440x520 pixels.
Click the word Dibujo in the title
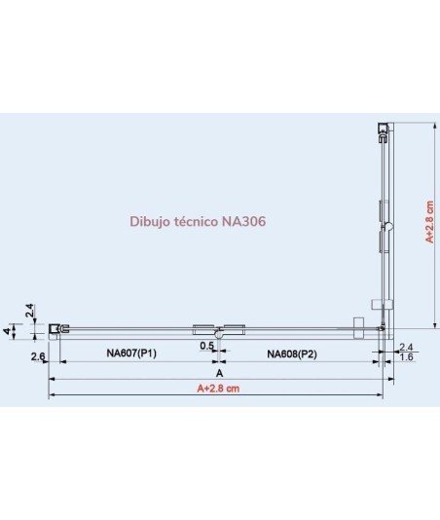145,222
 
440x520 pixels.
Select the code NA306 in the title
243,221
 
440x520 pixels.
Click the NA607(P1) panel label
131,353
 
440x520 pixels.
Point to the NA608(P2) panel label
292,354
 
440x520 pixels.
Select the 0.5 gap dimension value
207,346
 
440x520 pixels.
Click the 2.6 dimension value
38,356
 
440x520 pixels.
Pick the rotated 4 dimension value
8,331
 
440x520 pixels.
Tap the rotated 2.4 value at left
29,311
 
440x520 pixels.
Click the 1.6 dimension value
406,356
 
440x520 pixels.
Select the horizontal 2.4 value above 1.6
406,348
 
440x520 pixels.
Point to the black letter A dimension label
219,373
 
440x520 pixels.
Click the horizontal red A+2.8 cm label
218,388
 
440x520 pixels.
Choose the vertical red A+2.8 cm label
429,222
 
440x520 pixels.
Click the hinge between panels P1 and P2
219,331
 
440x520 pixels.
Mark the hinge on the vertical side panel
386,227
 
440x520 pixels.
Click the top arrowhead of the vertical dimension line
435,126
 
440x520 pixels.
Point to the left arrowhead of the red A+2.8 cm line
52,394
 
